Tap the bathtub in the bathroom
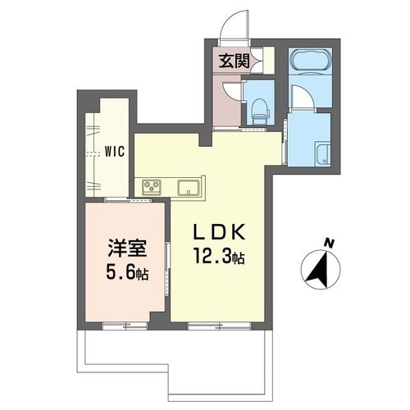point(309,63)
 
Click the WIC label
point(115,151)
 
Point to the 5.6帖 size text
point(125,271)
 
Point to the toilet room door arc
point(232,91)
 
